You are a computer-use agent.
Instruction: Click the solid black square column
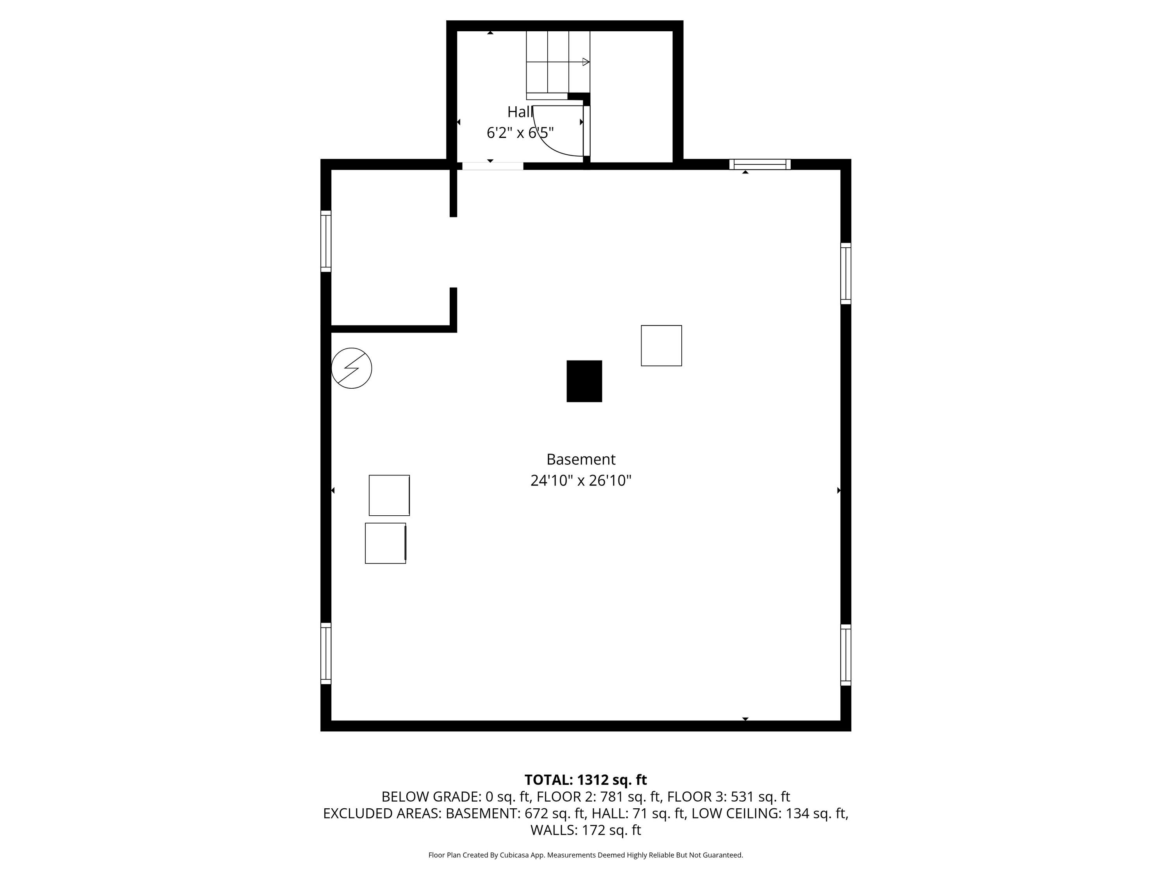click(x=584, y=381)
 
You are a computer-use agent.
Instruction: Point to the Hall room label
click(x=520, y=112)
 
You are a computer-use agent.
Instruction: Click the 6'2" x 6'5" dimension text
click(x=520, y=132)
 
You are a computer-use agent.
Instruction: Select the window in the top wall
click(x=760, y=164)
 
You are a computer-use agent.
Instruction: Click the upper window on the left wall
click(x=326, y=241)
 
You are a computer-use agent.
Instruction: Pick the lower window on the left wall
click(x=326, y=653)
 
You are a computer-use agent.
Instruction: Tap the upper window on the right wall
click(x=846, y=273)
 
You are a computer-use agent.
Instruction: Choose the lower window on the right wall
click(x=846, y=655)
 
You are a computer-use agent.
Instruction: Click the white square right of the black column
click(x=661, y=345)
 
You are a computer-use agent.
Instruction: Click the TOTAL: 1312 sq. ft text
click(x=586, y=780)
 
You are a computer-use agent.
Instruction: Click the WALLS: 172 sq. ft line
click(x=586, y=830)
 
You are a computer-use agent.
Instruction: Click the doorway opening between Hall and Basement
click(x=493, y=166)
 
